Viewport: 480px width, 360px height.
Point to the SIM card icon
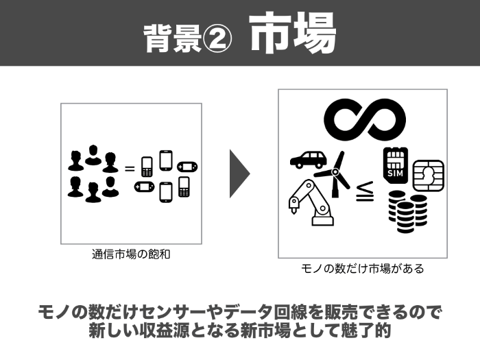click(396, 165)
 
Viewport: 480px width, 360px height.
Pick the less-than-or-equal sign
click(364, 195)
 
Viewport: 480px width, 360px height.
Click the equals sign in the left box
click(129, 168)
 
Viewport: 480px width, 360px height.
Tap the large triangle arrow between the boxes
click(239, 172)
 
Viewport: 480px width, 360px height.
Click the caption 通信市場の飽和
click(130, 254)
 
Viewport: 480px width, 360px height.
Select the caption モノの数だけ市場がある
click(363, 269)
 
